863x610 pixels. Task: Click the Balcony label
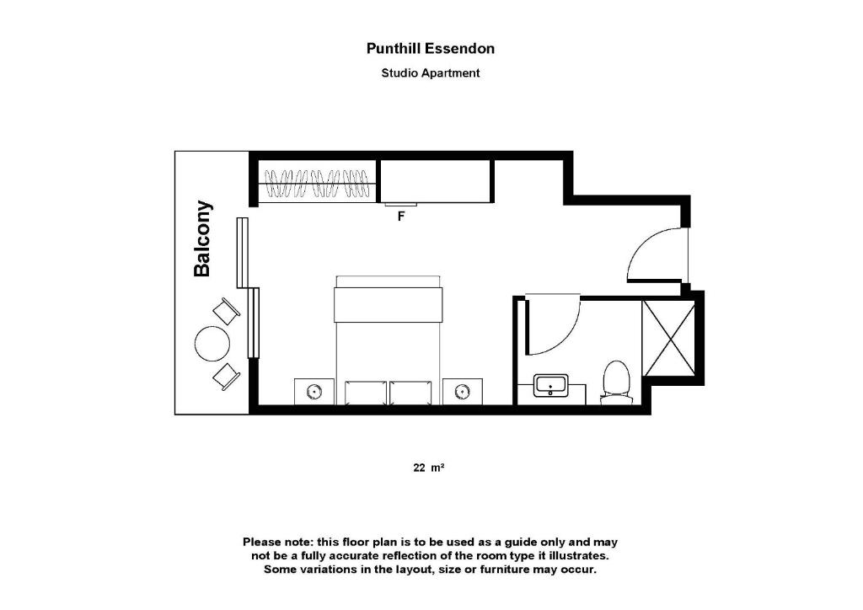pyautogui.click(x=202, y=238)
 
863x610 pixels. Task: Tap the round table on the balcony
pyautogui.click(x=212, y=343)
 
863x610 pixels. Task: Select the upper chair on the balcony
pyautogui.click(x=226, y=311)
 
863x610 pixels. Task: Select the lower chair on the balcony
pyautogui.click(x=226, y=375)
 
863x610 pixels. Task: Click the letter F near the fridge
pyautogui.click(x=402, y=217)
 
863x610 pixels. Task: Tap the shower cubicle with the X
pyautogui.click(x=668, y=337)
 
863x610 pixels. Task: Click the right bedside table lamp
pyautogui.click(x=463, y=391)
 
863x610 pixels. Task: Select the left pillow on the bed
pyautogui.click(x=365, y=392)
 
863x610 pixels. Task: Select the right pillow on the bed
pyautogui.click(x=410, y=392)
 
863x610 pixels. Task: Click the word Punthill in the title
pyautogui.click(x=394, y=49)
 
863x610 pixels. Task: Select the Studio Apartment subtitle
pyautogui.click(x=431, y=73)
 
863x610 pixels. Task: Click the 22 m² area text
pyautogui.click(x=428, y=468)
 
